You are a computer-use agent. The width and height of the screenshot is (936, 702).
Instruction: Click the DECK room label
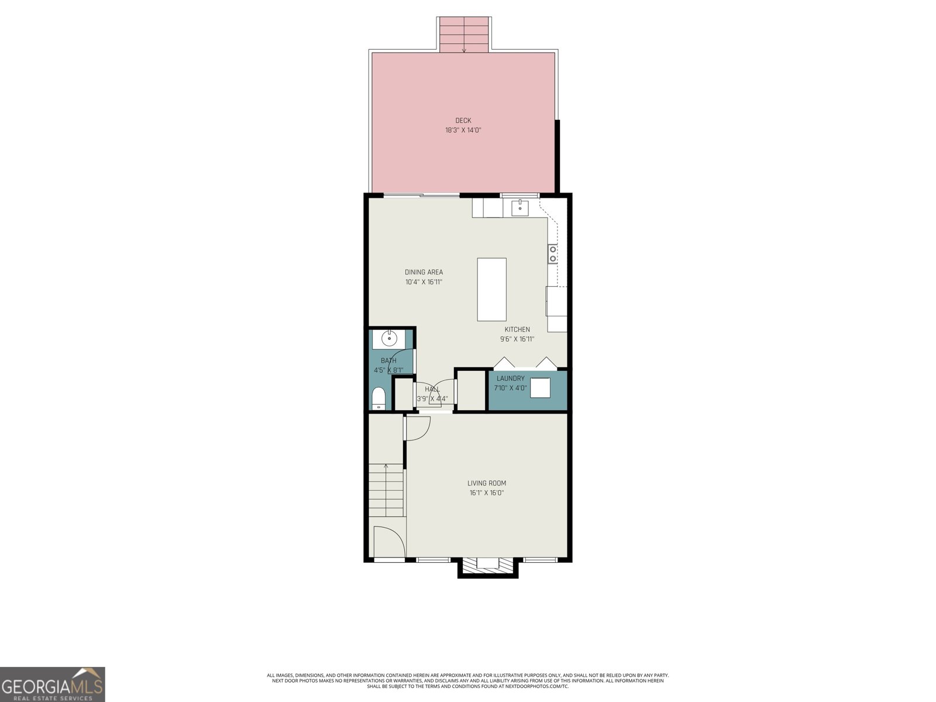(x=463, y=121)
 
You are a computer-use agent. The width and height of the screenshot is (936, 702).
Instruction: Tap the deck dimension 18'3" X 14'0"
(x=463, y=130)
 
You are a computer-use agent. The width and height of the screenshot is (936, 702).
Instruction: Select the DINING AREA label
(x=424, y=272)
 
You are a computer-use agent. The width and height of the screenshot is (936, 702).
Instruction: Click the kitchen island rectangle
(x=491, y=289)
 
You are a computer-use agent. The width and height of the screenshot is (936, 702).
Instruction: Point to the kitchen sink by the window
(x=519, y=208)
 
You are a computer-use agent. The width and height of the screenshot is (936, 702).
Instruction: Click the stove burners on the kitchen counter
(x=552, y=254)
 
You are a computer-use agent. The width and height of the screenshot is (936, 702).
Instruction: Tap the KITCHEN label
(x=517, y=329)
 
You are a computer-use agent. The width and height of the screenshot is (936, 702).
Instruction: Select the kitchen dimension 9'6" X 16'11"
(x=517, y=339)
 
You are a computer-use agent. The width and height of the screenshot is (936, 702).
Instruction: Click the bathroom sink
(x=388, y=338)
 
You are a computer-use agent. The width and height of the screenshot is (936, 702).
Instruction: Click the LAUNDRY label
(x=510, y=378)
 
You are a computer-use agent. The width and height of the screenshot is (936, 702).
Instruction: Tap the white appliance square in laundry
(x=541, y=388)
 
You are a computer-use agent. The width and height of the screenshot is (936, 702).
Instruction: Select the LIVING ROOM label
(x=486, y=483)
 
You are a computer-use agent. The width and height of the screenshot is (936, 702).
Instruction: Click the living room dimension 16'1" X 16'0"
(x=486, y=493)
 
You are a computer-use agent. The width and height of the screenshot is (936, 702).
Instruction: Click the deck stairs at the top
(x=464, y=35)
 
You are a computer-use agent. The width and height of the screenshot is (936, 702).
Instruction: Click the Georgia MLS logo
(x=52, y=684)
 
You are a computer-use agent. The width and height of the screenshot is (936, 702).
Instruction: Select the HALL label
(x=432, y=389)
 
